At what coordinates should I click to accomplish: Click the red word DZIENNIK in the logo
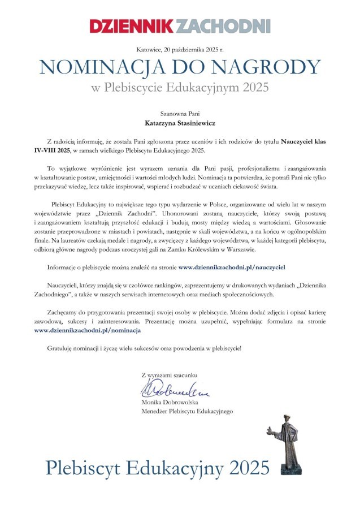(132, 26)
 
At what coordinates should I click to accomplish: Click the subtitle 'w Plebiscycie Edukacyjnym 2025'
(180, 88)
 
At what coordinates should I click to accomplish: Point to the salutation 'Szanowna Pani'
(180, 113)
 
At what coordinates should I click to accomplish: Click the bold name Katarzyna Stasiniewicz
(180, 122)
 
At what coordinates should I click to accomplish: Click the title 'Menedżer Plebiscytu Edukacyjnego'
(187, 411)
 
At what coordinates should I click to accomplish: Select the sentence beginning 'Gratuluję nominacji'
(144, 347)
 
